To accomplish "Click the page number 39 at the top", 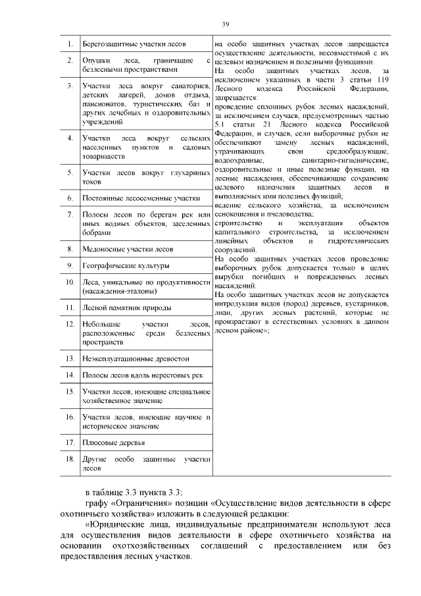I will [225, 24].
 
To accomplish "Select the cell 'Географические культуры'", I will [126, 266].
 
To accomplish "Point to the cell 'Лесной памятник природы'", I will [127, 308].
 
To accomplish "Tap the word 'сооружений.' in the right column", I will [235, 250].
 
